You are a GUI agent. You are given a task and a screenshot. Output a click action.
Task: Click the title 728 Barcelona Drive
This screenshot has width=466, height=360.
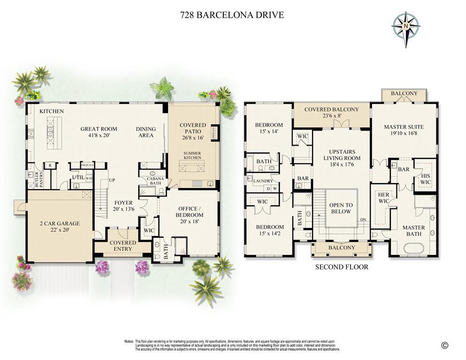pos(232,15)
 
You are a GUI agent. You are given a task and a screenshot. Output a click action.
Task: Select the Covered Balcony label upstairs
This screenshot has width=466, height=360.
pos(331,109)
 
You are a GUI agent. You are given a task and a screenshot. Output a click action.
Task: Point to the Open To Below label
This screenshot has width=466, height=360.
pos(340,208)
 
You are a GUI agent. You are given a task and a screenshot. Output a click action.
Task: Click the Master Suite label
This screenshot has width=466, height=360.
pos(404,127)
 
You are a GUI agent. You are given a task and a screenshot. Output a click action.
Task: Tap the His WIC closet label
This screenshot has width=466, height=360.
pos(426,178)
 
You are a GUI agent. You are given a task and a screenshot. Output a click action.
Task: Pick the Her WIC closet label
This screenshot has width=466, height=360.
pos(383,198)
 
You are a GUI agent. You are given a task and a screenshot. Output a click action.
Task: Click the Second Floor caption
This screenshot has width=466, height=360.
pos(341,267)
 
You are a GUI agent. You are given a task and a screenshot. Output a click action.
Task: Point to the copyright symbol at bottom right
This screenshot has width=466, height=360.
pos(444,345)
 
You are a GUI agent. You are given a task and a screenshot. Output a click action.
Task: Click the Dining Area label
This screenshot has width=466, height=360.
pos(145,132)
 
